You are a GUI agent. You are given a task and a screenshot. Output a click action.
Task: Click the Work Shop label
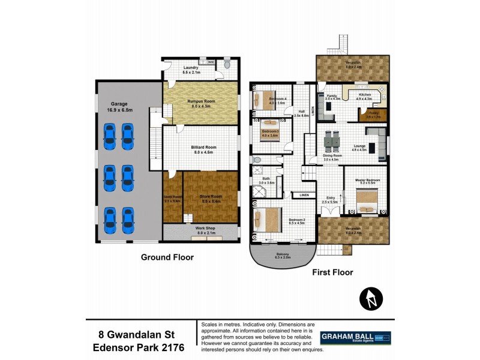click(x=200, y=230)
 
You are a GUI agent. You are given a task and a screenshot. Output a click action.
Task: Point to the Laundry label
click(x=191, y=69)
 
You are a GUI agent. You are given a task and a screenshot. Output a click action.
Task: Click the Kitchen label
click(x=365, y=96)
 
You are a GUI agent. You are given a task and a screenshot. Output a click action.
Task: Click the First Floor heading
click(x=332, y=272)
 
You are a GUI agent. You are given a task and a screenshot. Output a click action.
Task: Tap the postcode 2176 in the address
click(x=170, y=347)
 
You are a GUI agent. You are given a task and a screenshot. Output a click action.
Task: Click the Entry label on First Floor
click(x=331, y=198)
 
